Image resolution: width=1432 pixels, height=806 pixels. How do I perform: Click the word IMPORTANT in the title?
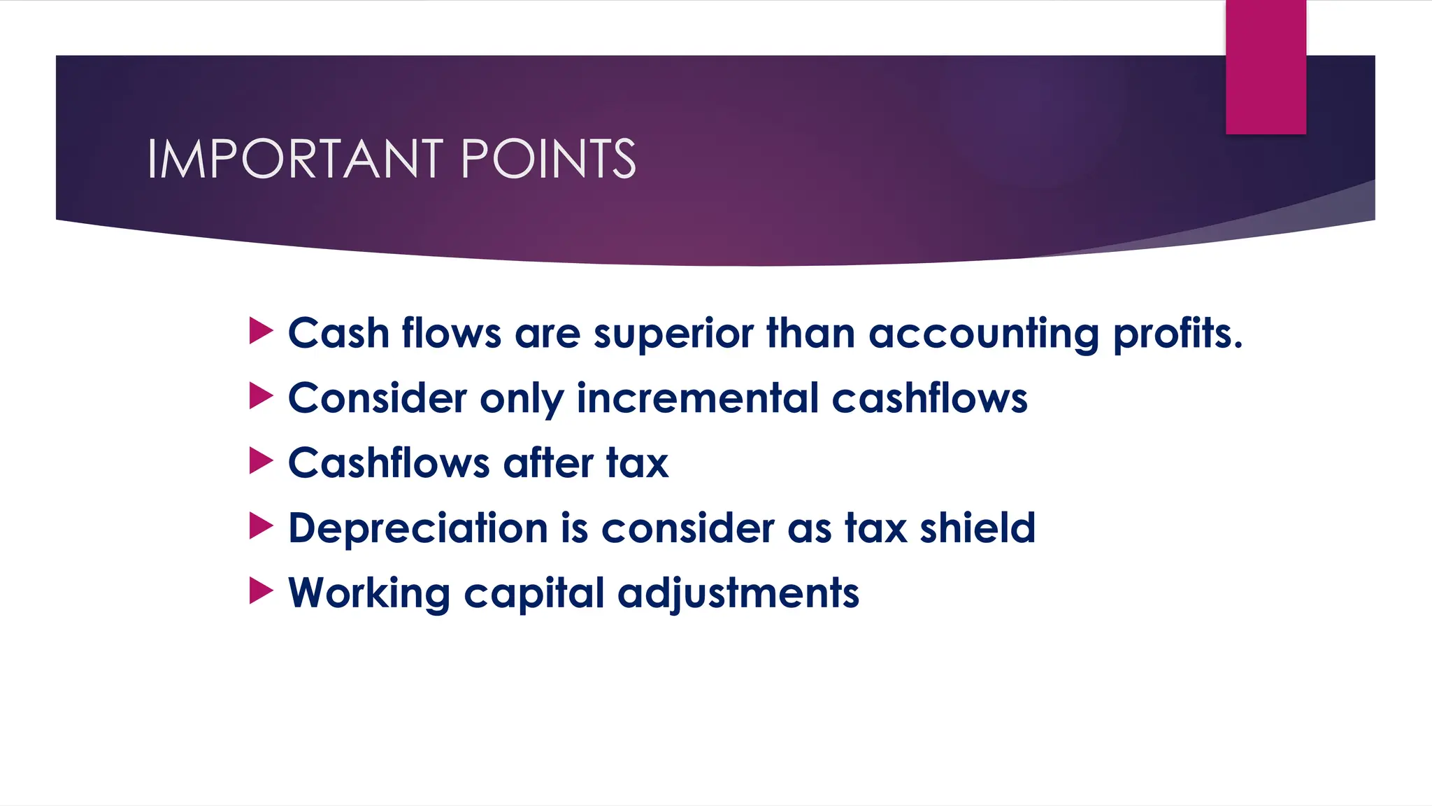[294, 159]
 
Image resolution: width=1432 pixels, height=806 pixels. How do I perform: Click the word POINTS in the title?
[548, 159]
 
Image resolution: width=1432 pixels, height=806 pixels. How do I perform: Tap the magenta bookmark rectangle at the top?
[1266, 66]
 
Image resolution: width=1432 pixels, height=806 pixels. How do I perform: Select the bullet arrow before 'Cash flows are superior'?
[260, 331]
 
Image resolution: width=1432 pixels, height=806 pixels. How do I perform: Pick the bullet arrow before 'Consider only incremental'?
[260, 396]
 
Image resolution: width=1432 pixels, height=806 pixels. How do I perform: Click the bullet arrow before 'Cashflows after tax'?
[260, 461]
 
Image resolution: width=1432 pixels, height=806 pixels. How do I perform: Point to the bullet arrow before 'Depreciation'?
[260, 526]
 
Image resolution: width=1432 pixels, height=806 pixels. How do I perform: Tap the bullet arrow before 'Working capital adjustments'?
[260, 591]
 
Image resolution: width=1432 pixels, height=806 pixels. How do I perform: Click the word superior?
[673, 333]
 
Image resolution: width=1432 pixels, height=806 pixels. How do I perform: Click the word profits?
[1177, 333]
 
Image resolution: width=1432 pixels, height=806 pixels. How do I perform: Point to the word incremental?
[698, 398]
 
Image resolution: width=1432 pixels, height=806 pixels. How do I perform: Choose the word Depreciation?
[418, 528]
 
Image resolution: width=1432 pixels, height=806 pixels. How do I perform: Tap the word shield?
[977, 528]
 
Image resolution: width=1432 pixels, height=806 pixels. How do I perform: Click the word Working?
[369, 593]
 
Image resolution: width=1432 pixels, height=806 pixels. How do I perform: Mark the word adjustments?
[738, 593]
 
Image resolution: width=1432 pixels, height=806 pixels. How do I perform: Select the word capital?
[534, 593]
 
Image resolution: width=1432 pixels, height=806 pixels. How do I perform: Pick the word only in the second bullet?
[522, 398]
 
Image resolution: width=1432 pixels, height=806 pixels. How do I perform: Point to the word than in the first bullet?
[811, 333]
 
